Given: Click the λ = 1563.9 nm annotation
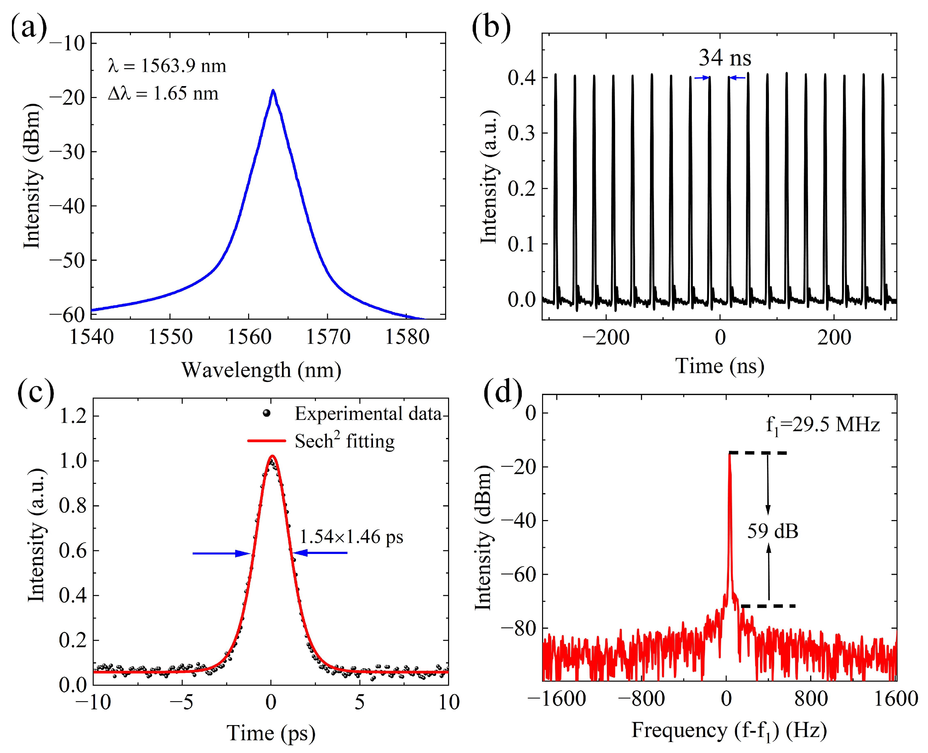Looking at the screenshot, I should (167, 66).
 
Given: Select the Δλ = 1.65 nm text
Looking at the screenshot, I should (163, 94).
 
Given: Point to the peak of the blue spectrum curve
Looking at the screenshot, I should (273, 91).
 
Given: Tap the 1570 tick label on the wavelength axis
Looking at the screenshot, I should (328, 337).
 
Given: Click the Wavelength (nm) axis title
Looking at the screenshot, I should (261, 370).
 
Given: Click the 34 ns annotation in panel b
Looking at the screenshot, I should (725, 58).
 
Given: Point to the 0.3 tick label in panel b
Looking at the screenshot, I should (521, 133).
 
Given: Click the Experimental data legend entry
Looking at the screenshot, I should (368, 413).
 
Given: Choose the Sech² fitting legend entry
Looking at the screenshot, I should (344, 441).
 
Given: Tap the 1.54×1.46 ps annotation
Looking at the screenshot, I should (351, 537).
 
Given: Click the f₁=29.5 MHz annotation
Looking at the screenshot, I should (822, 425).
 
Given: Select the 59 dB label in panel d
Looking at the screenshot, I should (773, 531).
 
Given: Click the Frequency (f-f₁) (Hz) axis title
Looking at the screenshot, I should (729, 730).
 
